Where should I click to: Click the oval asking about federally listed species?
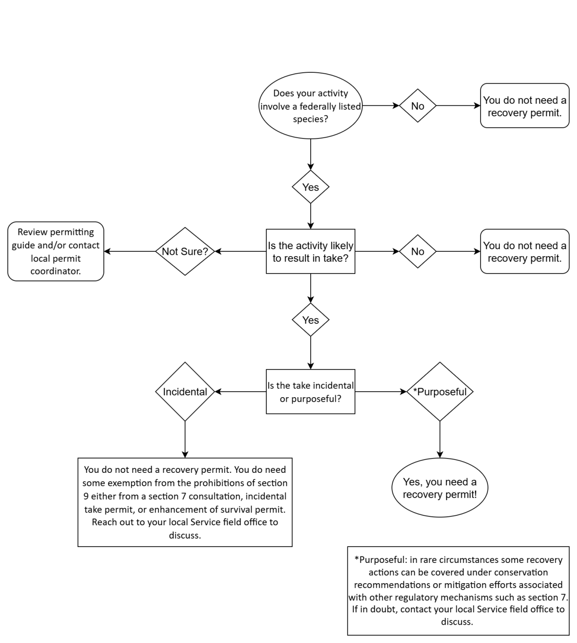(310, 106)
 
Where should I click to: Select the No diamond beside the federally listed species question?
(417, 106)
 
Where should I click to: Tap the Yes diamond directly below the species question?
(310, 187)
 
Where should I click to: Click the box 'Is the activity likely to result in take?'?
(310, 251)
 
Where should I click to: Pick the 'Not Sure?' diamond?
(185, 251)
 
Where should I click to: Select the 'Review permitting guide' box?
(55, 251)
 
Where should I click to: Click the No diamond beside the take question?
(417, 251)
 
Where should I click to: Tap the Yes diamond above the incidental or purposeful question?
(310, 320)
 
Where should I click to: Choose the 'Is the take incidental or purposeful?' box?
(310, 392)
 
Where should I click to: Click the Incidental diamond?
(185, 392)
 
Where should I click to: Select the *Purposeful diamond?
(440, 392)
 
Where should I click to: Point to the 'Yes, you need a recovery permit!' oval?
(439, 488)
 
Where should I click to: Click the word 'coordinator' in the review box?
(55, 272)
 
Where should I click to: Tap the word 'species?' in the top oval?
(310, 119)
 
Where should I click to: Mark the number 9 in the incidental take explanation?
(86, 496)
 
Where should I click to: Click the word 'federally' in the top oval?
(319, 106)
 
